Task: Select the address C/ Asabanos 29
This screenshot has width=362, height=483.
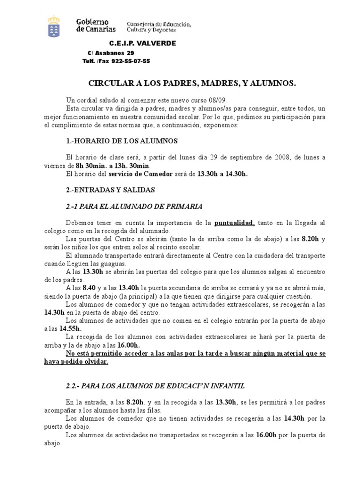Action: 111,53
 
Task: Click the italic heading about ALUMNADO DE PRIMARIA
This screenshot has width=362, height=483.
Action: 134,206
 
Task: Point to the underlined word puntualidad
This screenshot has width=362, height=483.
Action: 235,223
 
